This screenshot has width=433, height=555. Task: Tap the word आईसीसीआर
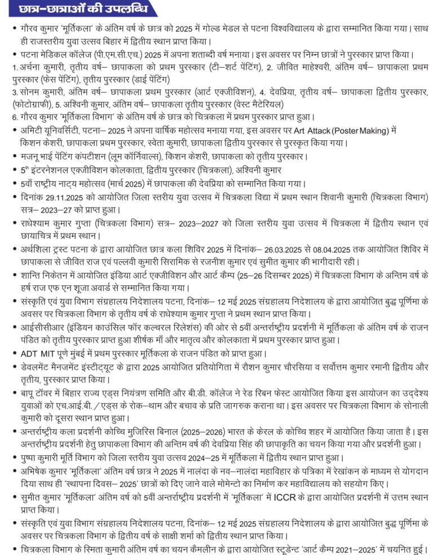(42, 328)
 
